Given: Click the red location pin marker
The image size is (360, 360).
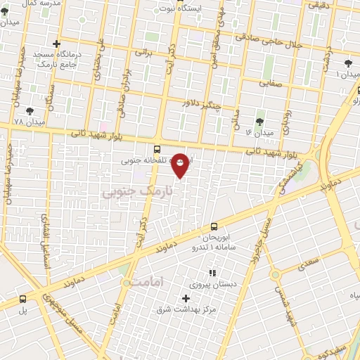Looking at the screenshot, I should (x=181, y=165).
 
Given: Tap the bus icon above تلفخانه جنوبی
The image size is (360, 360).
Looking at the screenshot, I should (x=157, y=149).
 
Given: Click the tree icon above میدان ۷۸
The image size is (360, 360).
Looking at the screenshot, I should (x=29, y=110).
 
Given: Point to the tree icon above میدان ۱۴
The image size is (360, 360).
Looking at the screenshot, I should (x=260, y=121).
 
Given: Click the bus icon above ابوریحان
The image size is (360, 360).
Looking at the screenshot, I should (x=214, y=226).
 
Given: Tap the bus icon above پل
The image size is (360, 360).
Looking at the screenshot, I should (x=22, y=298).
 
